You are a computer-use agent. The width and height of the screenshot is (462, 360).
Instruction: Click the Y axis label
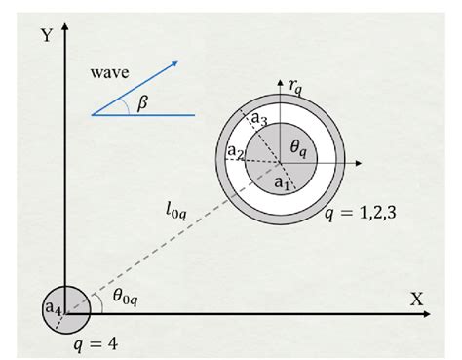[x=45, y=36]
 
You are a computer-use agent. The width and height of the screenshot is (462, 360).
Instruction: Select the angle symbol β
[x=142, y=102]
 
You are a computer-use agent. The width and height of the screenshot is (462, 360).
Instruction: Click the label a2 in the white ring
[x=235, y=152]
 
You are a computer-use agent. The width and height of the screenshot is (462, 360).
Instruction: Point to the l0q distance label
[x=177, y=209]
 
